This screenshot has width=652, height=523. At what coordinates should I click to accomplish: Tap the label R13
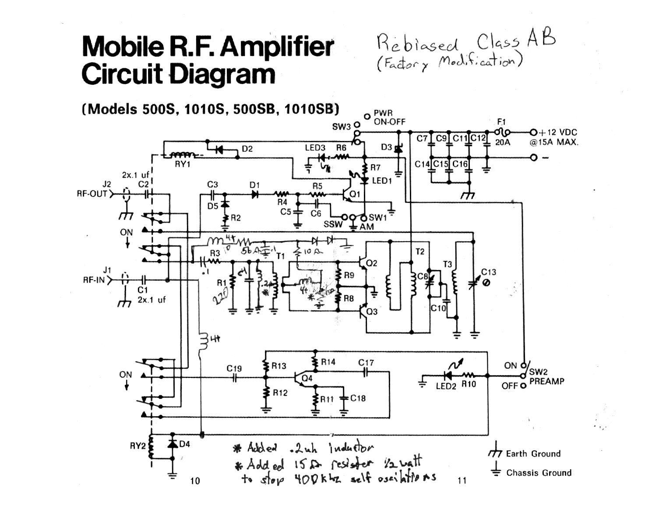279,366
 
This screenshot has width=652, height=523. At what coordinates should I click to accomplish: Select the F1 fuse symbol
502,132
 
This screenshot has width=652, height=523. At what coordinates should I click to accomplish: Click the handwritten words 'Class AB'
516,41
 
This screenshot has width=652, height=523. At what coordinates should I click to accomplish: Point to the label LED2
446,386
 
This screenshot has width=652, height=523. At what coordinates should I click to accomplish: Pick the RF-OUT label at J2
92,193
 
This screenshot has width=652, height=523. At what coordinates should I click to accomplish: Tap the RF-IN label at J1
94,280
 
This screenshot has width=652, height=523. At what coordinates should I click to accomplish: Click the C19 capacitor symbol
235,377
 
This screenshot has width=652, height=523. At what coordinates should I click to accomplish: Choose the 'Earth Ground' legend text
533,454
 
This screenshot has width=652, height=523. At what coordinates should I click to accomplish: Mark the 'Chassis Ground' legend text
539,473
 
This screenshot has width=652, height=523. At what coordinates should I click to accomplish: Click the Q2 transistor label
371,263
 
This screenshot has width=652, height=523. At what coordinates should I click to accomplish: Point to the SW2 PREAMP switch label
546,377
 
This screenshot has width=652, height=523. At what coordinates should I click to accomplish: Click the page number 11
462,481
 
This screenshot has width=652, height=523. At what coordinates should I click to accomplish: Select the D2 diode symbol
219,150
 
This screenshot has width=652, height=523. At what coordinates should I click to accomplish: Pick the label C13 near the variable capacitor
489,272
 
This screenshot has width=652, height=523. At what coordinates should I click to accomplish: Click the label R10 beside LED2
468,384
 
